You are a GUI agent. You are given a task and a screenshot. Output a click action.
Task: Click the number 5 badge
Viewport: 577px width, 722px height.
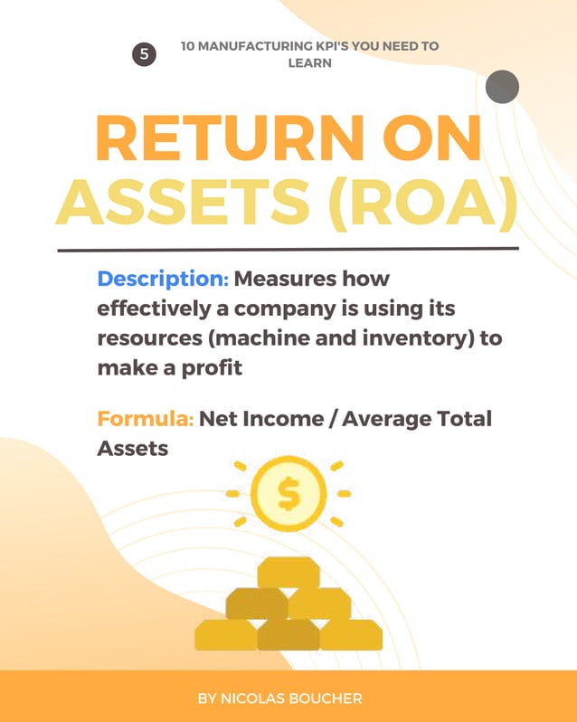(144, 54)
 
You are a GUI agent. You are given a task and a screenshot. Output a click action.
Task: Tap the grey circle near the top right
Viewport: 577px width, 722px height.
(502, 87)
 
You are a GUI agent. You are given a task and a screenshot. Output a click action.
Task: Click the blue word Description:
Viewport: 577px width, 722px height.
(162, 278)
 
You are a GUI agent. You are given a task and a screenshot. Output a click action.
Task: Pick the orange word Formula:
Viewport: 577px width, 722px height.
(145, 420)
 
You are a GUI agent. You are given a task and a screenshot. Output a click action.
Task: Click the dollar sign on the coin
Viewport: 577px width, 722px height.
(288, 494)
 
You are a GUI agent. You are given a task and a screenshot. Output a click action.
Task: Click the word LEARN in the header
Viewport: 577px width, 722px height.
(309, 63)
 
